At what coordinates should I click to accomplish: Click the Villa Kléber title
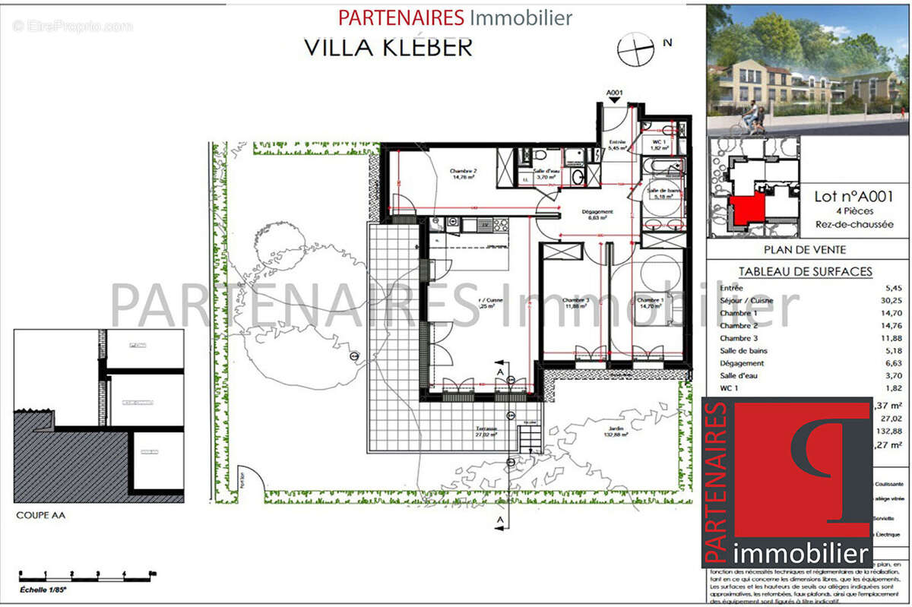click(x=388, y=46)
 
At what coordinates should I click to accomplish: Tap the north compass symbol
click(x=636, y=49)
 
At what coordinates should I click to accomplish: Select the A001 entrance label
click(x=614, y=93)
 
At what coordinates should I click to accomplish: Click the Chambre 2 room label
click(x=464, y=174)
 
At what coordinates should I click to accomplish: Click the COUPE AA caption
click(x=40, y=515)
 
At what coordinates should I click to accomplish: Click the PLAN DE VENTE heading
click(x=805, y=249)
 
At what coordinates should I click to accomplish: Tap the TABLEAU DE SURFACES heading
click(x=805, y=271)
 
